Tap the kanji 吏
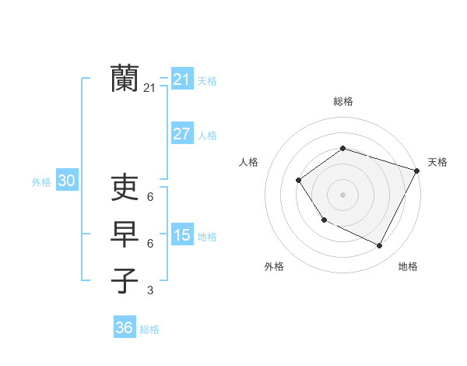pos(125,188)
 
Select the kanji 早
pos(125,234)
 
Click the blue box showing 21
pos(181,79)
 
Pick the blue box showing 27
pos(181,134)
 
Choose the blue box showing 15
pos(181,235)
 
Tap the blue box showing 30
pos(66,181)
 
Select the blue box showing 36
pos(124,328)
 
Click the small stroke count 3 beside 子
pos(150,290)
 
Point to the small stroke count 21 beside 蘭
pos(149,89)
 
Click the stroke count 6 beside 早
pos(150,244)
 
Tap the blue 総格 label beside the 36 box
pos(149,329)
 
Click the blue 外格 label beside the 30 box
pos(41,182)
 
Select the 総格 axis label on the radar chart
pos(343,101)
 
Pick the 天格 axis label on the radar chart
pos(437,162)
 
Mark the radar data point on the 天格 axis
pos(417,170)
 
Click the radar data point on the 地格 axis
pos(380,245)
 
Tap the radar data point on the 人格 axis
pos(299,180)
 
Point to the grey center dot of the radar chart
pos(342,194)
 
